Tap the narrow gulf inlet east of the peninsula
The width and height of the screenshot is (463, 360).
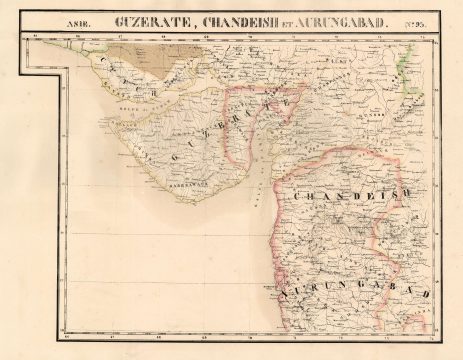(257, 150)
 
